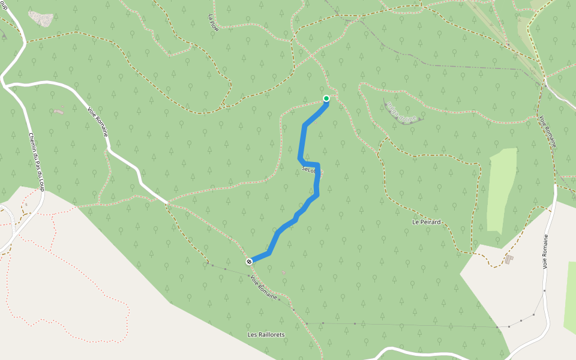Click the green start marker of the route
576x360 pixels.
coord(326,98)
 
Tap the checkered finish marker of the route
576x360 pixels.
coord(248,262)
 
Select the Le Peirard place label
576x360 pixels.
coord(426,222)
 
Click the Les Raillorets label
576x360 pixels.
coord(266,334)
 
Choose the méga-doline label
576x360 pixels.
coord(401,112)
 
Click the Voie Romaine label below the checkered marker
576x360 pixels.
coord(264,289)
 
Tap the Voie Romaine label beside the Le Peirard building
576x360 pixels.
coord(547,251)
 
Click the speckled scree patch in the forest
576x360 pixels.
coord(41,19)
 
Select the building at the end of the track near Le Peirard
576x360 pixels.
coord(509,259)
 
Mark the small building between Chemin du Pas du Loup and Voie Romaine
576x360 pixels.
coord(58,110)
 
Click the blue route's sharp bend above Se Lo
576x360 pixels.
coord(299,158)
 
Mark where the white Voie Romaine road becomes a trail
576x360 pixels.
coord(167,203)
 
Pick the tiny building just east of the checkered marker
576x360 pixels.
coord(283,272)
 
